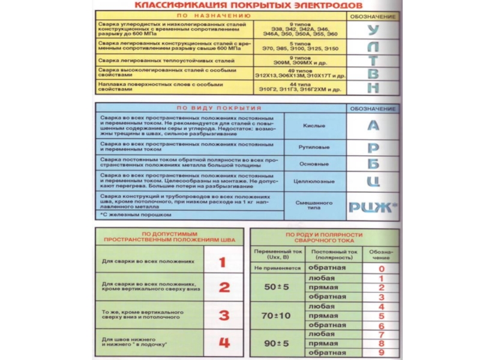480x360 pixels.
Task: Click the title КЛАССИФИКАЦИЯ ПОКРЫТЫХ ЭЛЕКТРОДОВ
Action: [239, 5]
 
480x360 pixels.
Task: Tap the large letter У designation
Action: [373, 31]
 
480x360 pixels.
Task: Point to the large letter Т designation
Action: [373, 61]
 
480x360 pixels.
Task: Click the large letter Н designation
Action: [373, 87]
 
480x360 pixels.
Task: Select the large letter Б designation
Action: [373, 163]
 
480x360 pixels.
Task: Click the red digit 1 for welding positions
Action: [223, 262]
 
